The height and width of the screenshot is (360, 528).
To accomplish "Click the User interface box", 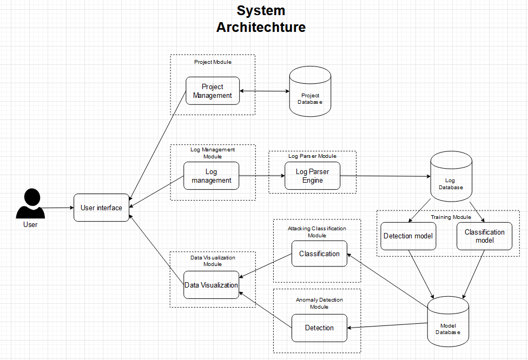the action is pos(101,208).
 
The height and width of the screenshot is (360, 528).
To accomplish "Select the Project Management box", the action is pos(213,91).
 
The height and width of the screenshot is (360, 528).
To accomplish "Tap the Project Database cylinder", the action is pos(310,91).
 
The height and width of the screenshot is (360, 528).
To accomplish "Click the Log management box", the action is pos(211,176).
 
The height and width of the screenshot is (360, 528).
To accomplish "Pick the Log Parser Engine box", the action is pos(313,176).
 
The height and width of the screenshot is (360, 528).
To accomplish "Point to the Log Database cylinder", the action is pos(451,176).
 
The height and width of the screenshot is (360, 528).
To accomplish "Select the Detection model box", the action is pos(408,236).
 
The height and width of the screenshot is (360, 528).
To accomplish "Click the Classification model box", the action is pos(484,236).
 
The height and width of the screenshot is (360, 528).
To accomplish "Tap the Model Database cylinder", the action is pos(448,321).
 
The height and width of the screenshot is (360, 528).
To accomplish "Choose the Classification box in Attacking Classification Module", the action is pos(319,254).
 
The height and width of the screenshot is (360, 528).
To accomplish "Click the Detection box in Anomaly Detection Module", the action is pos(319,328).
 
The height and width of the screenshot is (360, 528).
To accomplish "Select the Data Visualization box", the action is pos(211,285).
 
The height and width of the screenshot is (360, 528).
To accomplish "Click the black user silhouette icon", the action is pos(30,204).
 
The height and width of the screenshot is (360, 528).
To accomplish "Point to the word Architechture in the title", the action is pos(261,27).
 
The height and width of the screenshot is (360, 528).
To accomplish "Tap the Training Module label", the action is pos(451,217).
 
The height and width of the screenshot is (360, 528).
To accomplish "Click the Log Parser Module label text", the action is pos(312,156).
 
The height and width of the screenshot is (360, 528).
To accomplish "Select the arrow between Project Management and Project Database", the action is pos(265,91).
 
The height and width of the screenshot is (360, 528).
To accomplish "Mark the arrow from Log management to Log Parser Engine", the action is pos(262,176).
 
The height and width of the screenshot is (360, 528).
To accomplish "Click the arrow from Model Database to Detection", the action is pos(387,325).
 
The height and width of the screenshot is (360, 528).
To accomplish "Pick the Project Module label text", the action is pos(213,62).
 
